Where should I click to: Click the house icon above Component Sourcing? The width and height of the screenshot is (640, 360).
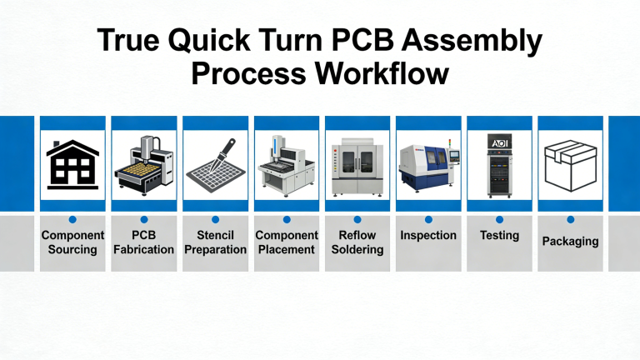pyautogui.click(x=72, y=163)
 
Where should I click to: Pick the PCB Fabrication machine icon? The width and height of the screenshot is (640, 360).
pyautogui.click(x=143, y=163)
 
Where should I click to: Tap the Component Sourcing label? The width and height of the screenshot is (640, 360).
pyautogui.click(x=72, y=242)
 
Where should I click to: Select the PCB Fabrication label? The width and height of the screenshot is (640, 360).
pyautogui.click(x=143, y=242)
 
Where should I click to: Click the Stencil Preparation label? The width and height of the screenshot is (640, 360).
pyautogui.click(x=215, y=242)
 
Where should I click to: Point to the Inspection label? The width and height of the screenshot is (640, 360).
pyautogui.click(x=427, y=236)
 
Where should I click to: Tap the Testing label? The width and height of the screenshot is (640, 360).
pyautogui.click(x=499, y=236)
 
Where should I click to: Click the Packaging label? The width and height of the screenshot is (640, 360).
pyautogui.click(x=570, y=242)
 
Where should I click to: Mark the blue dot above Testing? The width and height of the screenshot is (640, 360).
pyautogui.click(x=499, y=219)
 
